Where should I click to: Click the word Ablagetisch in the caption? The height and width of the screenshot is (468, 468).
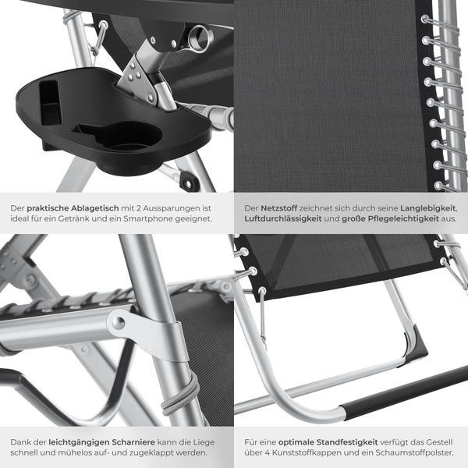click(92, 208)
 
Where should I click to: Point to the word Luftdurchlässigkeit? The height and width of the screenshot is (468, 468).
click(282, 220)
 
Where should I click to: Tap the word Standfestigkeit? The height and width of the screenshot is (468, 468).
click(333, 441)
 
